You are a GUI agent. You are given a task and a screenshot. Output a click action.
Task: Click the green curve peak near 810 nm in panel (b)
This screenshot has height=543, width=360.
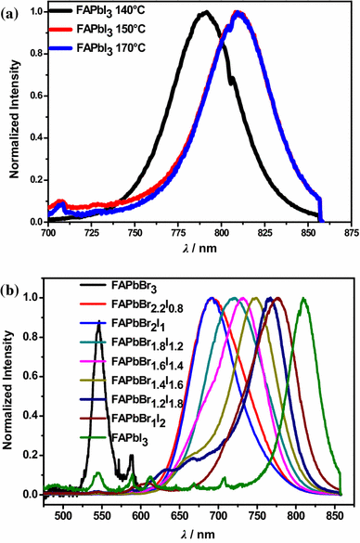click(303, 298)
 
